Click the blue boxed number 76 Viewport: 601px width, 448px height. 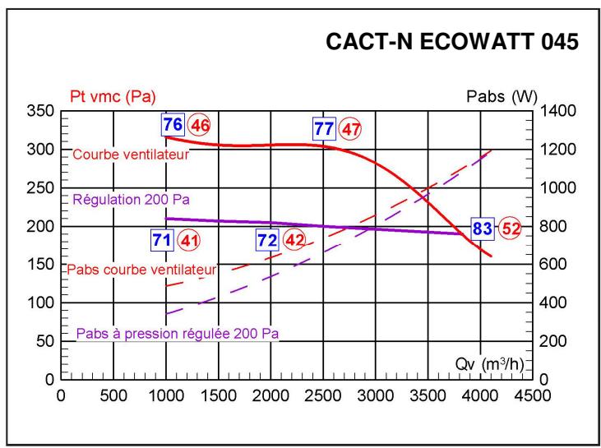pyautogui.click(x=172, y=126)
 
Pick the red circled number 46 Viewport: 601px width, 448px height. pyautogui.click(x=199, y=127)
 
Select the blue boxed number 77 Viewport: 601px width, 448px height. pyautogui.click(x=324, y=128)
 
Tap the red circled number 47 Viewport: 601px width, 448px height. pyautogui.click(x=350, y=129)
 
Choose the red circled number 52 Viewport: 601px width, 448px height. pyautogui.click(x=510, y=229)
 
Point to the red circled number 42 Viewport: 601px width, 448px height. pyautogui.click(x=294, y=241)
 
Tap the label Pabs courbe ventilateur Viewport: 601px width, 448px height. pyautogui.click(x=141, y=269)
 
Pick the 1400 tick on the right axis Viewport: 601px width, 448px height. pyautogui.click(x=554, y=111)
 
